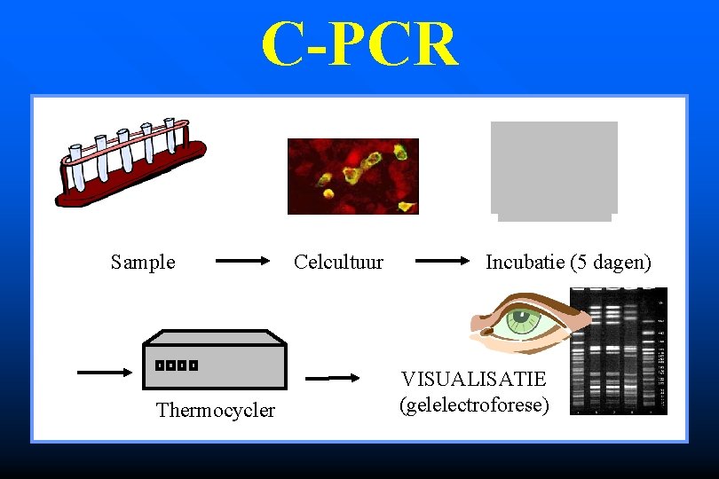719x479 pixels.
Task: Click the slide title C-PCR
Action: (359, 44)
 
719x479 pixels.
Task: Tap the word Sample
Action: (143, 263)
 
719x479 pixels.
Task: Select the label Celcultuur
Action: (338, 263)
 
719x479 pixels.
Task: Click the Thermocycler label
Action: (216, 410)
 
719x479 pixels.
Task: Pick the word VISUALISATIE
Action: (473, 380)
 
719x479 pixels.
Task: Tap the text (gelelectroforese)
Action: (474, 405)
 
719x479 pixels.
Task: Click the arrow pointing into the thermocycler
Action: (104, 373)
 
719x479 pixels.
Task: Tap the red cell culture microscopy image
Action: (352, 176)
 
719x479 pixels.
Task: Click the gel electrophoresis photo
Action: (630, 351)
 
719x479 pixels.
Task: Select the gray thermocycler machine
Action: (215, 364)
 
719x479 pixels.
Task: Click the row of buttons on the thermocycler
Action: (176, 365)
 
